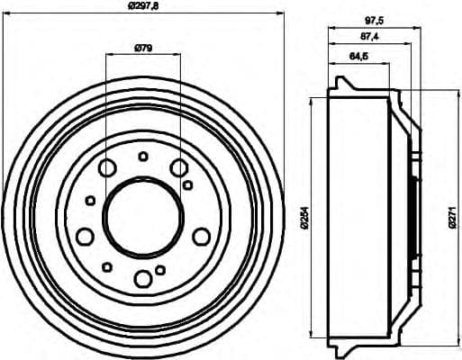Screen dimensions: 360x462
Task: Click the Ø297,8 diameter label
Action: click(145, 7)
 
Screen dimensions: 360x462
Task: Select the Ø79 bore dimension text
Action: click(143, 47)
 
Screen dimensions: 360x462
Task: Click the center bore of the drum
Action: click(143, 215)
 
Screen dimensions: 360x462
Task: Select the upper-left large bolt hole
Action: click(107, 167)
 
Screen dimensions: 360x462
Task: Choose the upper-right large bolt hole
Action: click(179, 167)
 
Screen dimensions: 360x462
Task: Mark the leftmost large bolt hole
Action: click(85, 237)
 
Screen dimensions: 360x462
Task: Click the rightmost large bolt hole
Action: click(202, 236)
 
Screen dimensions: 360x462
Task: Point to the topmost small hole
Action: click(143, 157)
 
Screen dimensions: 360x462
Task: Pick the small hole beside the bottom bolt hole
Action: click(160, 269)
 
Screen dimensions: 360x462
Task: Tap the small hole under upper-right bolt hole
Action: click(187, 184)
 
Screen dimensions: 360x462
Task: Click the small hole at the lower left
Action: click(107, 265)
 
